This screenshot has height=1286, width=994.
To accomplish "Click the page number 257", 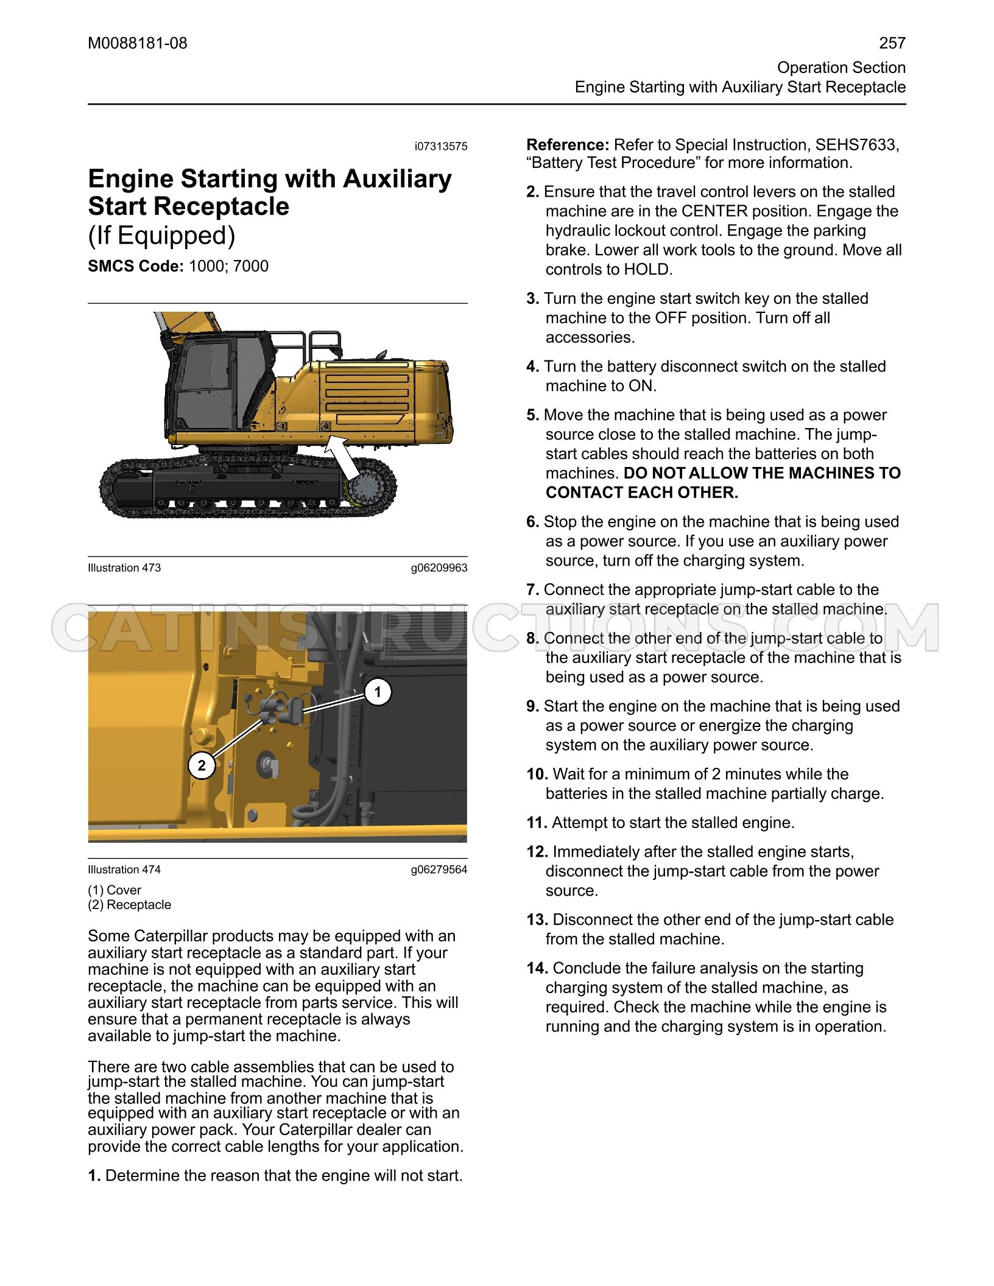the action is [892, 43].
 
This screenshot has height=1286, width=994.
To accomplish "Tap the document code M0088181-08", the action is [138, 43].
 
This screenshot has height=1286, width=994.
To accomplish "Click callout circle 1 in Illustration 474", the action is [378, 692].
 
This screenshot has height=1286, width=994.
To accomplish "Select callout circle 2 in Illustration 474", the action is [202, 765].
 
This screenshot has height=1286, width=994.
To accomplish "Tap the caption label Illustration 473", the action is [124, 568].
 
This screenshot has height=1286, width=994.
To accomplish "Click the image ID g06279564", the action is [439, 870].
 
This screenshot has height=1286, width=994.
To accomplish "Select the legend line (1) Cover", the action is [115, 890].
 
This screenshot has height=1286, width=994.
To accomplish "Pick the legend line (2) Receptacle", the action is [130, 905].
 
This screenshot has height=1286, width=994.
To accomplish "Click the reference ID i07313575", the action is [441, 147].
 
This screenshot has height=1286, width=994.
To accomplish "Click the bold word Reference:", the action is [568, 145].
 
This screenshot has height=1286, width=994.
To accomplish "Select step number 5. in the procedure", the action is [533, 415].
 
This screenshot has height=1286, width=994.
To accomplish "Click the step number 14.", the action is [538, 968].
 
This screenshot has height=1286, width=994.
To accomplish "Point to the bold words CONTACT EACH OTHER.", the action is [642, 493].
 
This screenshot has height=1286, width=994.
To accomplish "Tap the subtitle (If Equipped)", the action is [161, 236].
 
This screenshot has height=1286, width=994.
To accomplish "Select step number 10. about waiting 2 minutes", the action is [538, 775].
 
